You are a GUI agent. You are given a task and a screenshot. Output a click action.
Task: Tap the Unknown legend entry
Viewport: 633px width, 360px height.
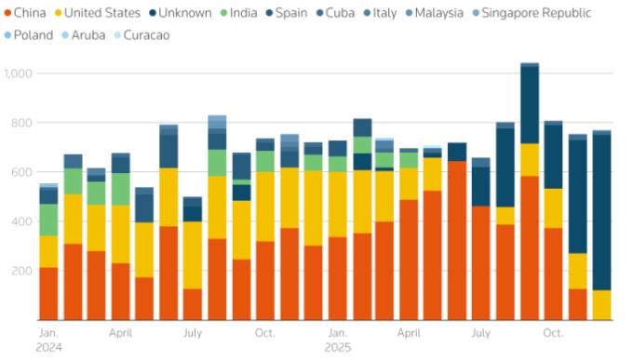181,13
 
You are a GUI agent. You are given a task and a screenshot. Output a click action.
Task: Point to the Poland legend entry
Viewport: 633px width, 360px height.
29,35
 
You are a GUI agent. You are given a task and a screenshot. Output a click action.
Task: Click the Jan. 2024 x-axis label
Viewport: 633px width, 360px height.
49,340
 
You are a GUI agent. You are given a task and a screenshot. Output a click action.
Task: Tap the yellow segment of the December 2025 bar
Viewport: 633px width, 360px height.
602,305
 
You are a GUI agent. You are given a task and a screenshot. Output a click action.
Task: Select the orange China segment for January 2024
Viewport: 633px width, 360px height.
48,294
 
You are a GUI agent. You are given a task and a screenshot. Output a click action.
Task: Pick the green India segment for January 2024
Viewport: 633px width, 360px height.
48,220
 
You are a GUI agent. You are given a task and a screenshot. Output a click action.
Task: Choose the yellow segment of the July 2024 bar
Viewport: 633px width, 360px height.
193,255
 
